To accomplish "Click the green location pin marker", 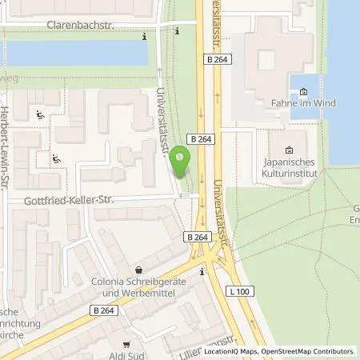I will coord(182,164).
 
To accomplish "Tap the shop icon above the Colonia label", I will coord(139,270).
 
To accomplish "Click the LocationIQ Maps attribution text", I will coord(236,351).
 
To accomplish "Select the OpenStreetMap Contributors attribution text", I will coord(312,351).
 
